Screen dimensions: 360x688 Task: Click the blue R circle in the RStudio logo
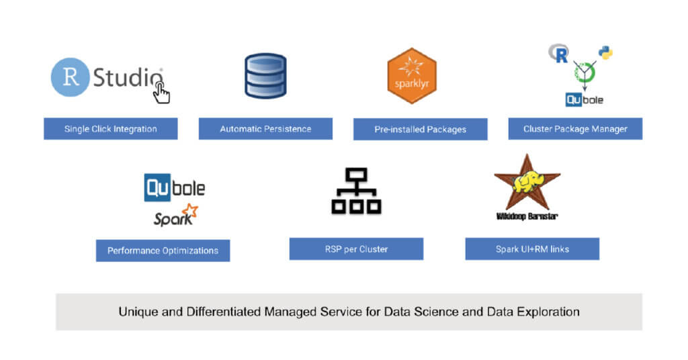(x=71, y=77)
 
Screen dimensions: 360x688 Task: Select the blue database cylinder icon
(x=265, y=76)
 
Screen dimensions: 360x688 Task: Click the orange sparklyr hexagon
(x=412, y=76)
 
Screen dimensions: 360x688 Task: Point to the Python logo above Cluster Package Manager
(x=605, y=52)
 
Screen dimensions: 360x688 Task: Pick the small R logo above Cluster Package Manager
(x=558, y=53)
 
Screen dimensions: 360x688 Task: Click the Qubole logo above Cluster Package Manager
(x=584, y=99)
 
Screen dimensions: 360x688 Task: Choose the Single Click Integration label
(x=111, y=129)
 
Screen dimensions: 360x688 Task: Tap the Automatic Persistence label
(x=265, y=129)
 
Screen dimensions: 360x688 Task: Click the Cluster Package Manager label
(x=574, y=129)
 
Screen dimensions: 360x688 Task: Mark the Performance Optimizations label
(x=163, y=251)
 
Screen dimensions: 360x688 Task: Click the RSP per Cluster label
(x=356, y=249)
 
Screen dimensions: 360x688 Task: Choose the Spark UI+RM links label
(x=532, y=249)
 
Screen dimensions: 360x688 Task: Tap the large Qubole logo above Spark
(x=175, y=187)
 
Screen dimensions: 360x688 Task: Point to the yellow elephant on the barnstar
(x=527, y=183)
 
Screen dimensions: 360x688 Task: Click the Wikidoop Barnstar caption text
(x=527, y=216)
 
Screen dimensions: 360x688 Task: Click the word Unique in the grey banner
(x=137, y=312)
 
